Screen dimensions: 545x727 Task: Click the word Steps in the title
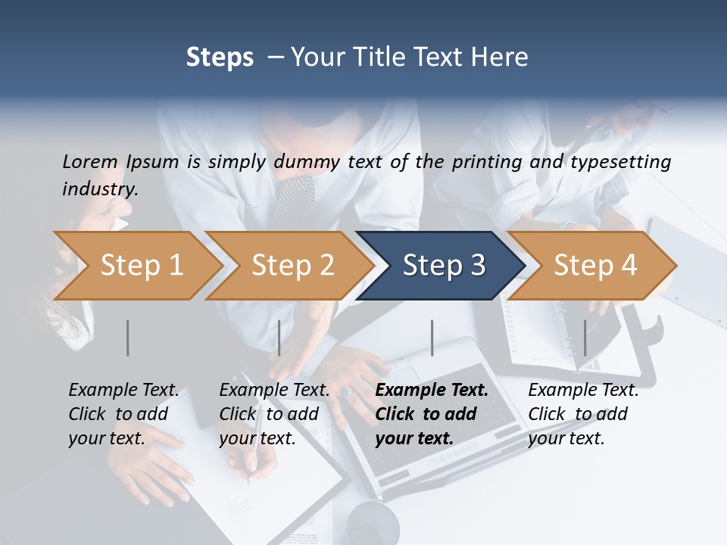(x=220, y=57)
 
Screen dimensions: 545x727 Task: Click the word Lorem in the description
(x=90, y=162)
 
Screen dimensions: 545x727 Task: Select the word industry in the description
(x=99, y=188)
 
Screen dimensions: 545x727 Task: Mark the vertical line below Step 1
(x=128, y=338)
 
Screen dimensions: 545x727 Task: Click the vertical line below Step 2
(x=279, y=338)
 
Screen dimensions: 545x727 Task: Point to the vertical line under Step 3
(x=432, y=338)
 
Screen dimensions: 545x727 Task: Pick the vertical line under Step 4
(x=585, y=338)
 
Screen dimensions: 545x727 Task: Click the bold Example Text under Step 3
(x=432, y=391)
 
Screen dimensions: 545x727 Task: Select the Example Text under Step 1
(x=123, y=391)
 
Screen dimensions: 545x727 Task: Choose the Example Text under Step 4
(x=583, y=391)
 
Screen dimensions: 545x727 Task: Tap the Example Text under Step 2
(x=274, y=391)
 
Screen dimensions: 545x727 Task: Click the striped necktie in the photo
(x=293, y=201)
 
